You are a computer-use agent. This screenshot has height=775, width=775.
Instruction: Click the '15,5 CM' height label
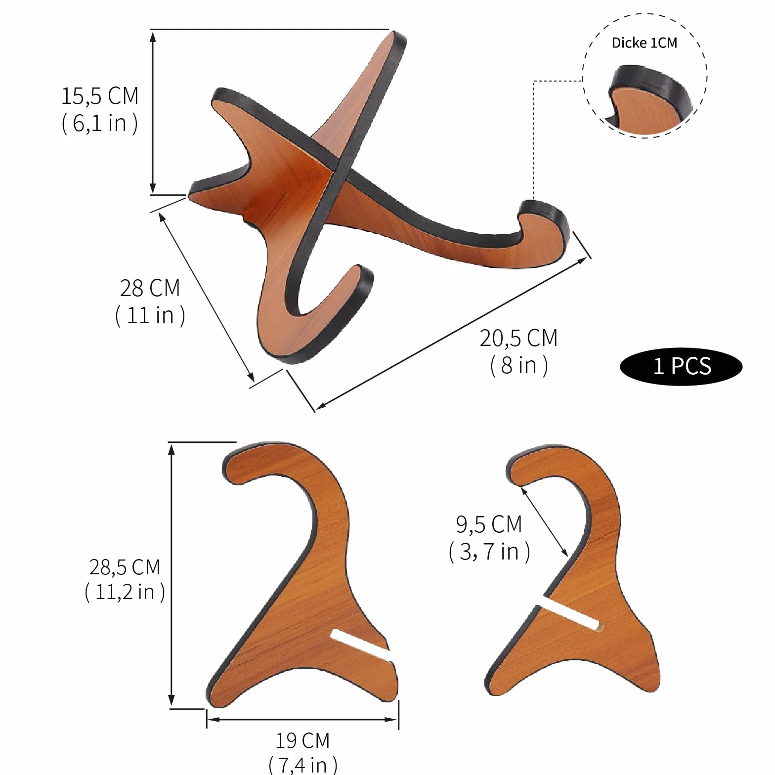(x=100, y=96)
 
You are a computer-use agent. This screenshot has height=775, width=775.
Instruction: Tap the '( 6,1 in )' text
(x=100, y=123)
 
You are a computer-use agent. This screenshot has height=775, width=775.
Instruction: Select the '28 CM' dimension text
(x=150, y=288)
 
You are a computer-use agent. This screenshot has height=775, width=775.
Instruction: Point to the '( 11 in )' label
(x=150, y=315)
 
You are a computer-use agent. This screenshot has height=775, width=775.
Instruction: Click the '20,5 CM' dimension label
(x=518, y=339)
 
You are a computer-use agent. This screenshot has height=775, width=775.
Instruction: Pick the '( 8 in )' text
(x=519, y=366)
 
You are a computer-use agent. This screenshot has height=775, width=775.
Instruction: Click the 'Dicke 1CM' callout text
(x=644, y=43)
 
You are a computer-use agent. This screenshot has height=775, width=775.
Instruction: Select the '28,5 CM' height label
(x=125, y=567)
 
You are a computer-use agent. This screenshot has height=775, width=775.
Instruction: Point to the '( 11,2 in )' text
(x=125, y=592)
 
